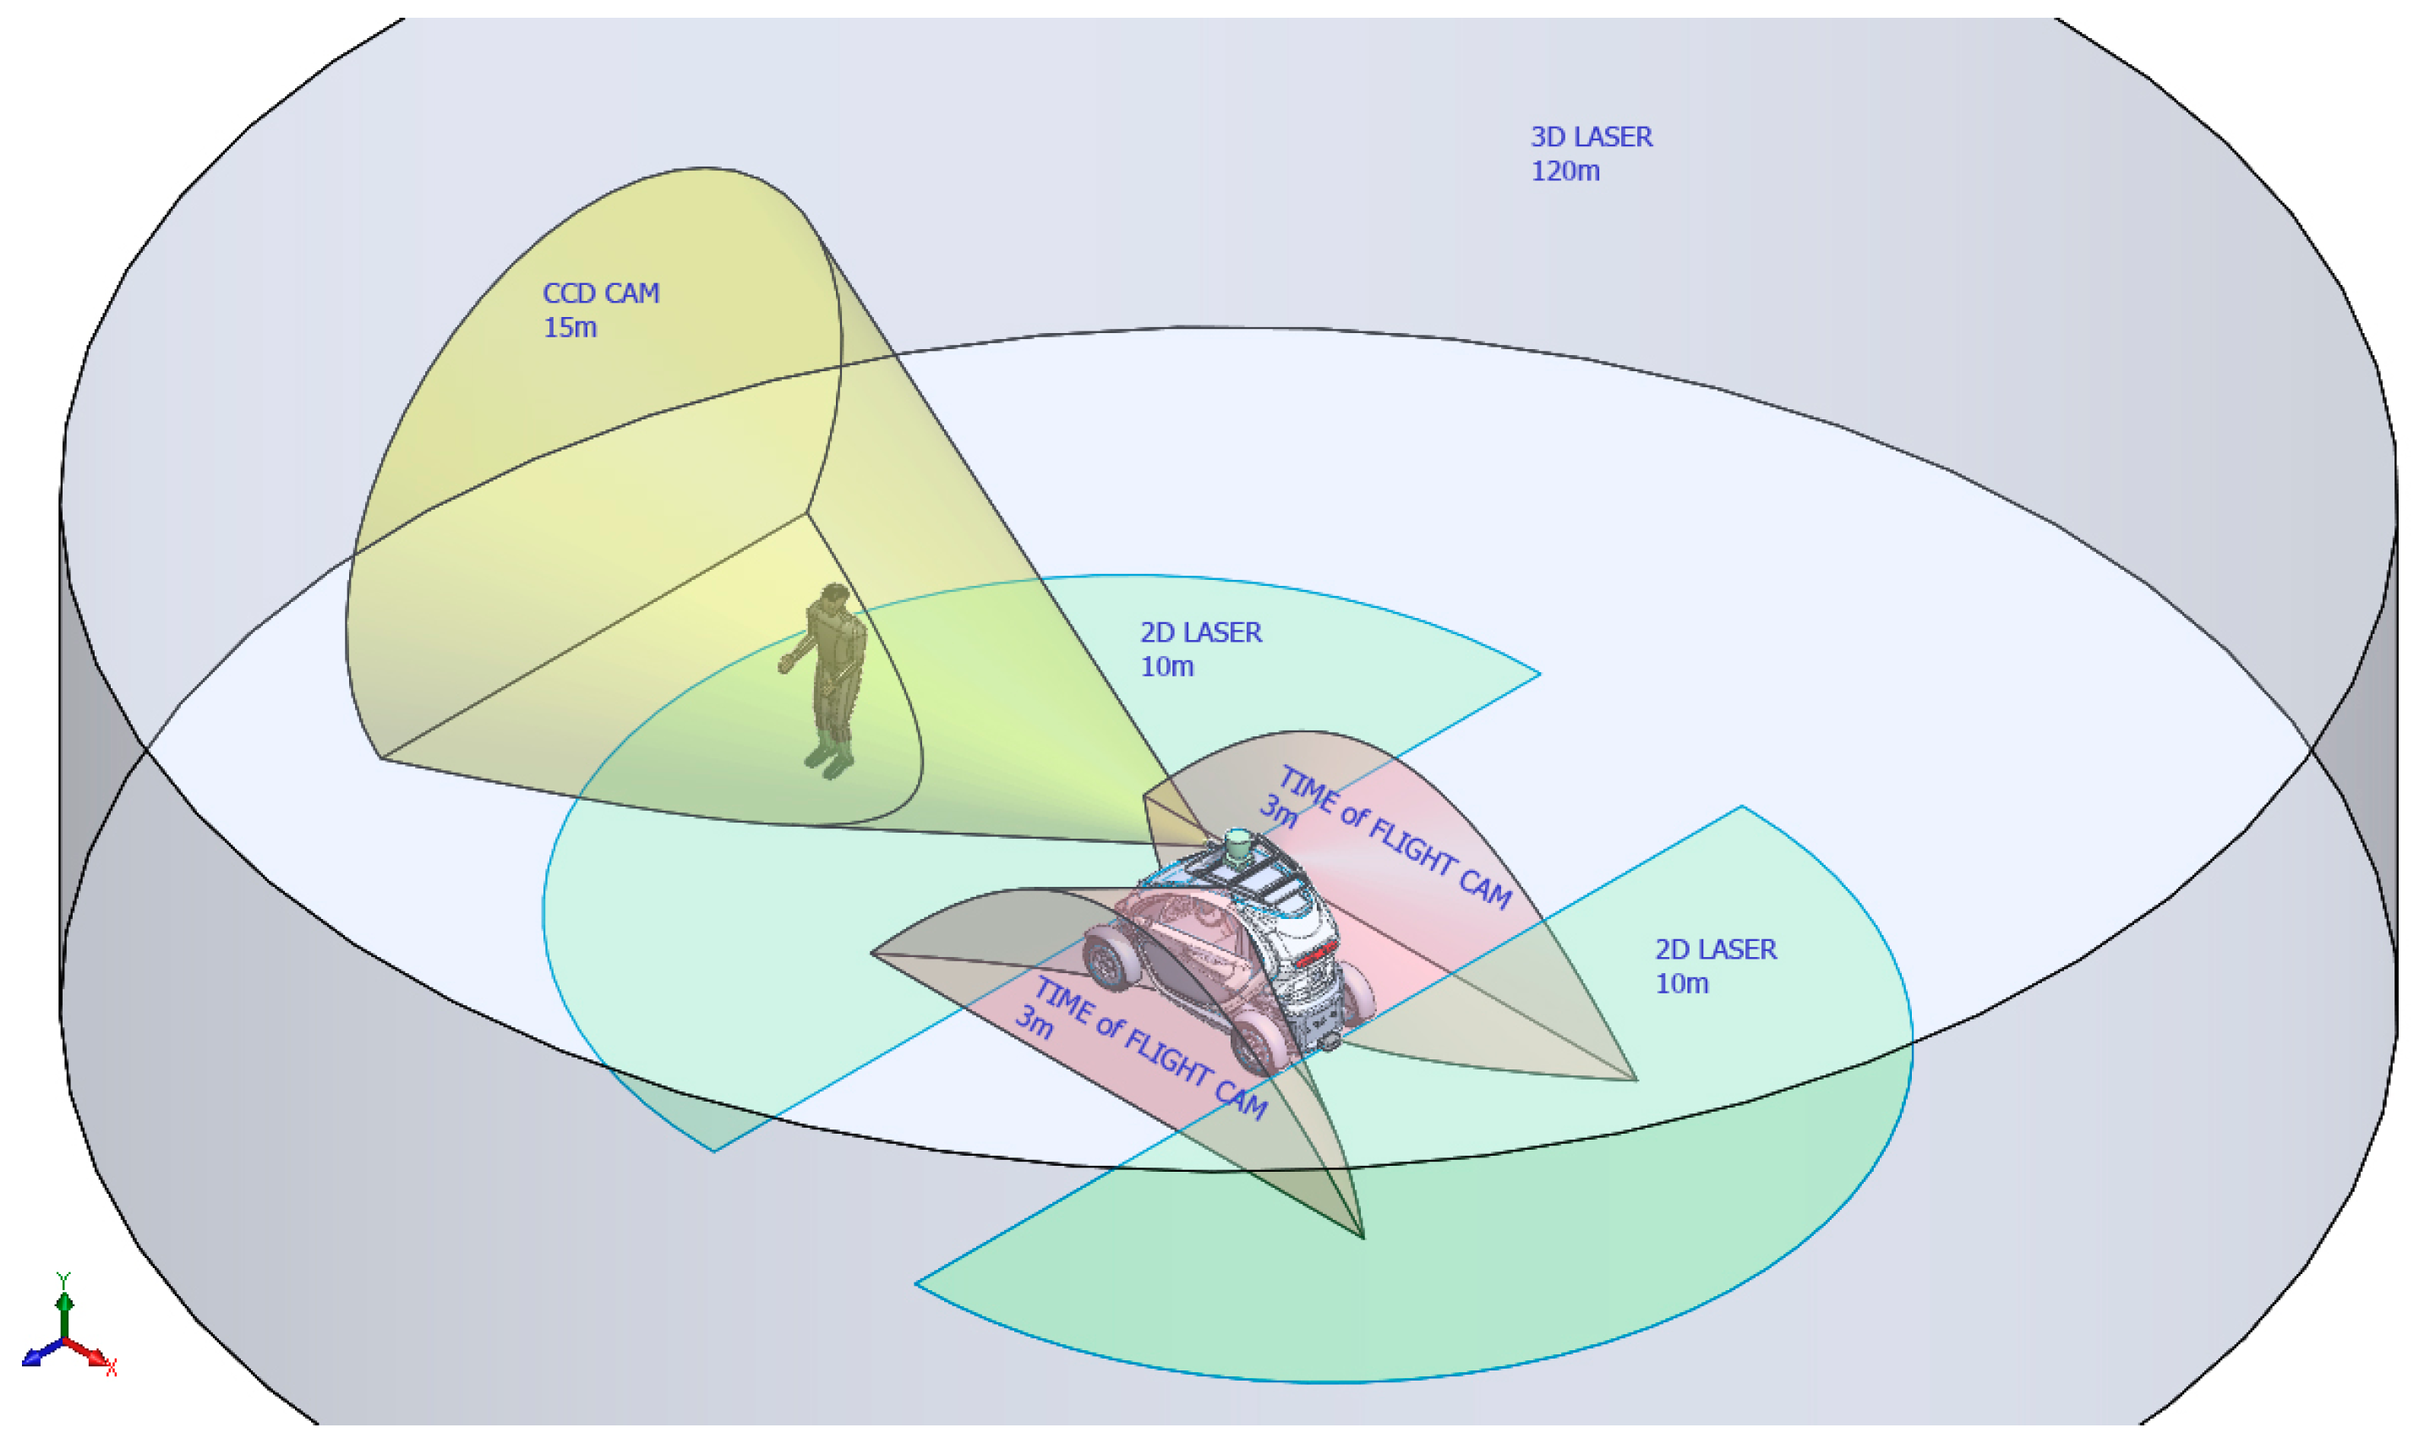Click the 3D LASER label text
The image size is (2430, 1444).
coord(1591,137)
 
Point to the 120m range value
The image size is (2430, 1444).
coord(1564,172)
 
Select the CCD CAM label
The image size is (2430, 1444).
coord(600,293)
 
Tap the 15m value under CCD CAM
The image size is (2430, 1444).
coord(569,328)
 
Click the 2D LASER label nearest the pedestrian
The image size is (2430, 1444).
coord(1200,632)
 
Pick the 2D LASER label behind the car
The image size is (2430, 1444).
coord(1715,949)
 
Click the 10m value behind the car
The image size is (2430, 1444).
coord(1681,984)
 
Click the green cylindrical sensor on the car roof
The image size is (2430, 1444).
coord(1237,847)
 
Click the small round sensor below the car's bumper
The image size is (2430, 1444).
coord(1329,1043)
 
